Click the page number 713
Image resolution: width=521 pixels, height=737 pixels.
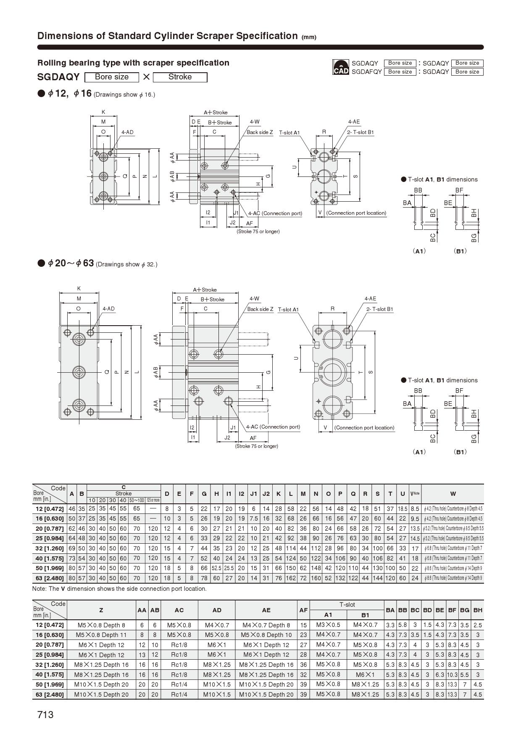pos(45,715)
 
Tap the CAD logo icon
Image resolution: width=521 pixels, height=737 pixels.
pos(341,67)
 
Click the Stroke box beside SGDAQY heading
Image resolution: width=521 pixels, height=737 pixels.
pos(180,77)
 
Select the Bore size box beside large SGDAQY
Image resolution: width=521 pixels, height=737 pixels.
pos(112,77)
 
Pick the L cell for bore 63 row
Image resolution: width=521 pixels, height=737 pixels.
pos(291,578)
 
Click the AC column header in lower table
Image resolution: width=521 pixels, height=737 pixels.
pos(179,610)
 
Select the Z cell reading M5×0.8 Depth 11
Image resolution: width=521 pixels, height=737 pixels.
pos(101,635)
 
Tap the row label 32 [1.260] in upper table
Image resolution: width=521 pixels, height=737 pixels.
pos(50,548)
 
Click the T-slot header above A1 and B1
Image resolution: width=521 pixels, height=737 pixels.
pos(347,605)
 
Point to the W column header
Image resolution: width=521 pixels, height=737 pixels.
pos(453,494)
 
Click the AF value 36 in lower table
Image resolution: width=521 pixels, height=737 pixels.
pos(303,665)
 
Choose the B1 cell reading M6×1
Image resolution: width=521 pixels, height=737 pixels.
pos(365,674)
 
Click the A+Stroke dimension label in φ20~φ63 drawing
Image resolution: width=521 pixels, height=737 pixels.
pos(205,290)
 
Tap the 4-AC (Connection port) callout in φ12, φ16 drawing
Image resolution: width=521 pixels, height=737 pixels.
pos(275,213)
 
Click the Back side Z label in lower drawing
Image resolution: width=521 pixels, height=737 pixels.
pos(260,309)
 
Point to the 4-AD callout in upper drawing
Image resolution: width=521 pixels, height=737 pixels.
pos(127,132)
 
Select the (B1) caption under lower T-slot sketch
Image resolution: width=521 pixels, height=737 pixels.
pos(460,452)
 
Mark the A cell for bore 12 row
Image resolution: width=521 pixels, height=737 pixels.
pos(72,508)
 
